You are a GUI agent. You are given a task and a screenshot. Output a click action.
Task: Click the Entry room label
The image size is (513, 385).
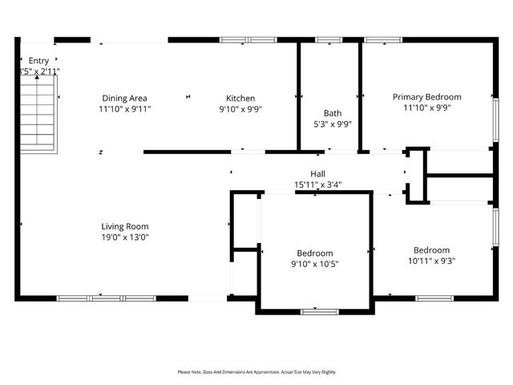[x=38, y=60]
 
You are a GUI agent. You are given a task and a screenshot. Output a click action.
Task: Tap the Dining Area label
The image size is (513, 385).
[x=124, y=98]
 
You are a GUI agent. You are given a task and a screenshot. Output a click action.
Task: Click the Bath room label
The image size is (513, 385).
[x=332, y=113]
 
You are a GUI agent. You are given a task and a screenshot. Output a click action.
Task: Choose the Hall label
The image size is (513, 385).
[x=317, y=174]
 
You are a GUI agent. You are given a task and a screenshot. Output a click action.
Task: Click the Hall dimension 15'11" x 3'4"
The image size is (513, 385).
[x=317, y=184]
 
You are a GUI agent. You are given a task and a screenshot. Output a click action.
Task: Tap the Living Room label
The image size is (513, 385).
[x=124, y=226]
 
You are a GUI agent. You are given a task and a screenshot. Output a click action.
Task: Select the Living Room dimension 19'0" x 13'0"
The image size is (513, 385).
[x=124, y=237]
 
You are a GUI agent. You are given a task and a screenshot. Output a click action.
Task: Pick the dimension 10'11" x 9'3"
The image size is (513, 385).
[x=431, y=260]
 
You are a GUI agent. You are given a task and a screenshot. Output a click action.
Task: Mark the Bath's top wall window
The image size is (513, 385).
[x=329, y=39]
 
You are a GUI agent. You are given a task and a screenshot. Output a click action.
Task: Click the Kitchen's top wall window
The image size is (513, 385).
[x=248, y=39]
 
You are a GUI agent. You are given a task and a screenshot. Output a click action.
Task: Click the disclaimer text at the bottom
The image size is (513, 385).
[x=256, y=372]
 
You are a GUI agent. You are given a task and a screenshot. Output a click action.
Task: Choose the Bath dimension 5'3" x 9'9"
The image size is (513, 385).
[x=332, y=124]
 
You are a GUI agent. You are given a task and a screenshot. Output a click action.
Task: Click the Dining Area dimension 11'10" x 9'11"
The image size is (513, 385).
[x=124, y=108]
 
